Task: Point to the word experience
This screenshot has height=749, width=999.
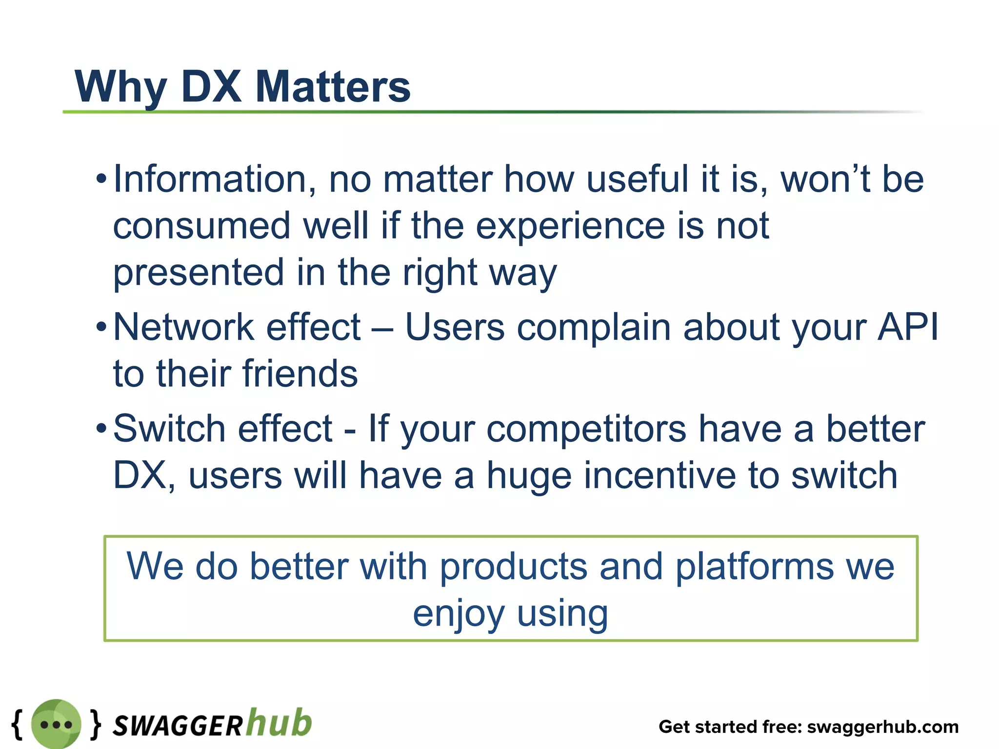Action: [570, 227]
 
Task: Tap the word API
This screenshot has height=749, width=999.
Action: [908, 327]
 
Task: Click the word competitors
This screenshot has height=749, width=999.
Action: [586, 430]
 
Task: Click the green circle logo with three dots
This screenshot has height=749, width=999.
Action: [56, 724]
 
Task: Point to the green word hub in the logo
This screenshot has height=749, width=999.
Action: [279, 722]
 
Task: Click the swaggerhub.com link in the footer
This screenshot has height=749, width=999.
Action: [882, 727]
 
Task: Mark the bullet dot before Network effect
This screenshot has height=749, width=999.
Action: [101, 327]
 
